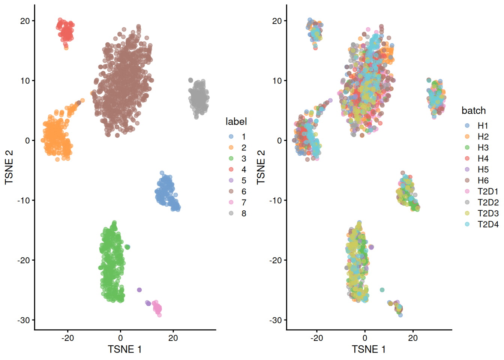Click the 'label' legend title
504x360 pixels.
(x=236, y=121)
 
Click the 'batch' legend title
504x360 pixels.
(x=473, y=111)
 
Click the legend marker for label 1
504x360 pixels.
(x=231, y=137)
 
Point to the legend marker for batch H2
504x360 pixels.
(x=467, y=137)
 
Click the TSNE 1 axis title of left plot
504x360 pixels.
(x=124, y=349)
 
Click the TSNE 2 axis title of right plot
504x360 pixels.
(x=261, y=167)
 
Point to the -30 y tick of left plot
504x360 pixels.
(x=24, y=320)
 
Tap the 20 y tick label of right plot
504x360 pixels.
(x=277, y=21)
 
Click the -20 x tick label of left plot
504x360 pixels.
(x=67, y=338)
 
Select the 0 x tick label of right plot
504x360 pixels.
(x=365, y=338)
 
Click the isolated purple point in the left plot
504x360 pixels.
(x=139, y=290)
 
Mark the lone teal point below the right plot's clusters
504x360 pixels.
(x=382, y=290)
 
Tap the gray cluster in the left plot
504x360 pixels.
(x=198, y=97)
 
